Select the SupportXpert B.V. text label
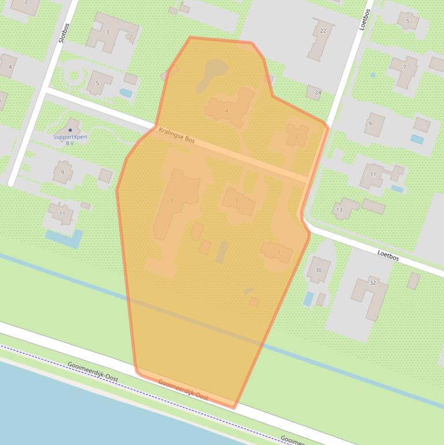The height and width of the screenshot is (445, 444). (x=70, y=139)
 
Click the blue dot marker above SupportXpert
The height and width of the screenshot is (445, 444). (x=70, y=130)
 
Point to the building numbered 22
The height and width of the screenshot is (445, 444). (x=321, y=38)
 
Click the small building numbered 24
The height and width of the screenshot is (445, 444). (x=315, y=92)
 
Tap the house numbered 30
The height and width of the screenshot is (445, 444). (x=318, y=269)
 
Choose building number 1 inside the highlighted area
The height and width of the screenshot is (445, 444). (x=277, y=252)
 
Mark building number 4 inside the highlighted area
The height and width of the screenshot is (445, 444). (x=228, y=108)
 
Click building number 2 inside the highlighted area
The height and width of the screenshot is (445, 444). (x=297, y=136)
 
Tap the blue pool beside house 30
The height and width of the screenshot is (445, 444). (x=308, y=298)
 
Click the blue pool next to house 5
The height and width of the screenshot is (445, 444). (x=125, y=92)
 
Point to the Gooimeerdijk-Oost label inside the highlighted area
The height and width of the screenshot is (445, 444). (x=183, y=390)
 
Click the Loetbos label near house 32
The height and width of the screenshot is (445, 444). (x=388, y=255)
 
